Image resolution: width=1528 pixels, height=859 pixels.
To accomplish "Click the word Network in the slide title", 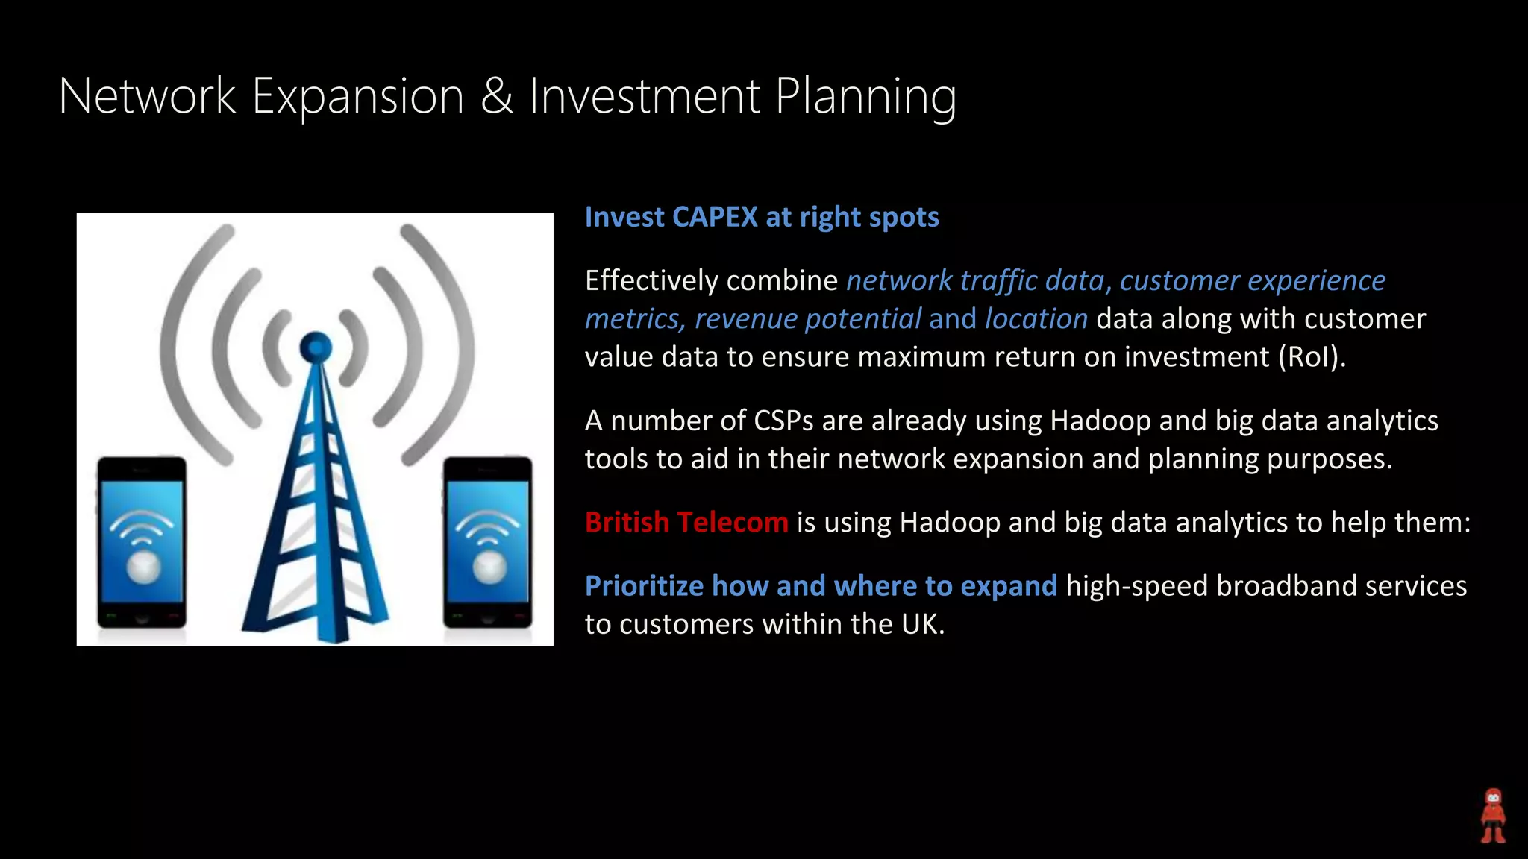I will [147, 96].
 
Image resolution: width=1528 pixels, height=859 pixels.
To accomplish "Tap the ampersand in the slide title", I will [496, 96].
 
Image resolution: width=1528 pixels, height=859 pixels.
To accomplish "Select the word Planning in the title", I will [865, 98].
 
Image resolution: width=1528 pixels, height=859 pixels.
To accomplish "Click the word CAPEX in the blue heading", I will [715, 217].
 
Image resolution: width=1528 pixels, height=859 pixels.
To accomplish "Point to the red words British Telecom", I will [686, 522].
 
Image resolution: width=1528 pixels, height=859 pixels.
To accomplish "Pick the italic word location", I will [1036, 319].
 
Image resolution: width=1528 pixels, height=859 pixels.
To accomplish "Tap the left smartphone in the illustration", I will [142, 542].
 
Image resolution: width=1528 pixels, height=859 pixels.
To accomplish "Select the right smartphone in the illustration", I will [488, 542].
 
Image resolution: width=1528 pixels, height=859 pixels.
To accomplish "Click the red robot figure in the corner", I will [1493, 816].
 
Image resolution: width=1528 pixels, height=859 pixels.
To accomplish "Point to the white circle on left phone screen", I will [143, 567].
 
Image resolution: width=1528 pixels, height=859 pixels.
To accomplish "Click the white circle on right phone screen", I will [489, 567].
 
